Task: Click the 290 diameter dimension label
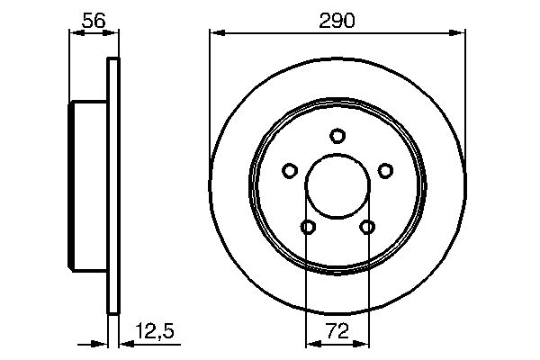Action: (337, 19)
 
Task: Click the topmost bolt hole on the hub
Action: (337, 136)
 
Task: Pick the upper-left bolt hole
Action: (290, 170)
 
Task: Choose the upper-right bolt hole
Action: (385, 170)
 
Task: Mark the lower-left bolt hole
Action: (308, 227)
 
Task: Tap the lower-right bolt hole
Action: (367, 227)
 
